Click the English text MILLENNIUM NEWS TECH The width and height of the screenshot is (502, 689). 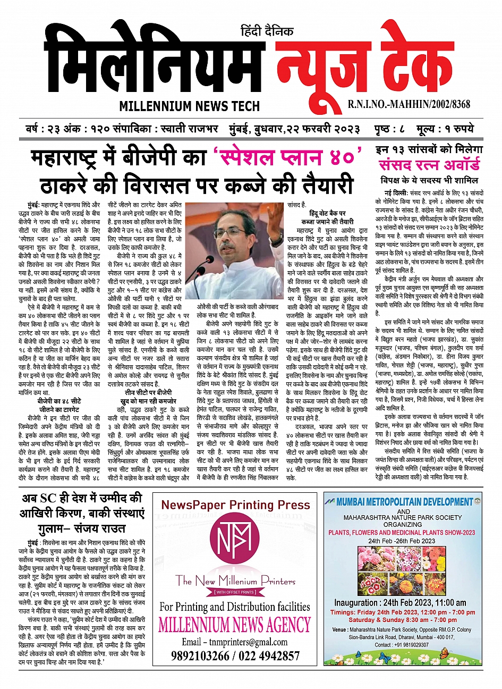[190, 106]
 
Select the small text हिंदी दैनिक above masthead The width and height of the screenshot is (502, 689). [267, 32]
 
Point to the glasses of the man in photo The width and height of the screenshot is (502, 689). [232, 232]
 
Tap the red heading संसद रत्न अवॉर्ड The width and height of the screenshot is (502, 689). [429, 164]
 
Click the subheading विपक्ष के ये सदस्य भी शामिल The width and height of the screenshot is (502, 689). [429, 180]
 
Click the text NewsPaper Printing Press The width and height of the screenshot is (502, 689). [235, 505]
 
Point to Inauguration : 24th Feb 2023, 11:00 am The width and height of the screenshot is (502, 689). [400, 603]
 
